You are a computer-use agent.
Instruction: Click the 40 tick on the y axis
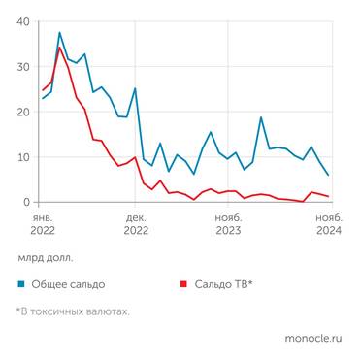[22, 21]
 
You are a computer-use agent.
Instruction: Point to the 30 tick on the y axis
[22, 67]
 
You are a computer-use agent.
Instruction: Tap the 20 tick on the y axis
[22, 112]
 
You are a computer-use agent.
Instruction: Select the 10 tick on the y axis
[22, 157]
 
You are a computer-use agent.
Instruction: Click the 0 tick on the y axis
[25, 202]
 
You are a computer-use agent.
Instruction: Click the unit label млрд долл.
[44, 258]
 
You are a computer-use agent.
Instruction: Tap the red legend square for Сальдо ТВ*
[183, 284]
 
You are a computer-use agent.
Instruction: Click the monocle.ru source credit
[313, 340]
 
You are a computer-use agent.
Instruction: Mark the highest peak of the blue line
[59, 33]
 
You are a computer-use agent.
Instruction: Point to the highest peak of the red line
[59, 48]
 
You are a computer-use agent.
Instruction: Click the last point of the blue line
[328, 176]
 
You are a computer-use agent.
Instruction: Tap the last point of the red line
[328, 197]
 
